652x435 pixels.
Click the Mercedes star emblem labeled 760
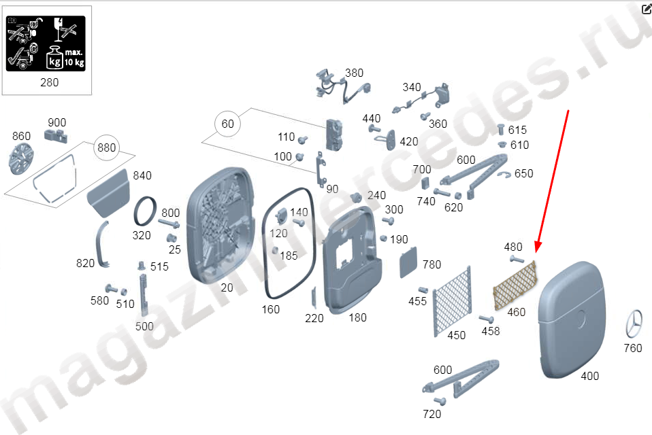click(x=634, y=324)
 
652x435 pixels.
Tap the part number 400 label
click(x=589, y=376)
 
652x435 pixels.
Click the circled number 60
click(x=227, y=124)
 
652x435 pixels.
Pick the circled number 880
click(x=106, y=147)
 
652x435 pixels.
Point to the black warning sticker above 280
click(x=46, y=43)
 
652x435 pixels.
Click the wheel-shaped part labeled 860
click(x=20, y=158)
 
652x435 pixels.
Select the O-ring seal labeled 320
click(x=145, y=211)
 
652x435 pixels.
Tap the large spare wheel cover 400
click(x=572, y=319)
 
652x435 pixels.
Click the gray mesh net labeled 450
click(x=452, y=300)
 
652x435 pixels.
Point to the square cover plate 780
click(x=408, y=262)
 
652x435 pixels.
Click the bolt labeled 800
click(x=169, y=224)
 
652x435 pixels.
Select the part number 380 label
click(x=355, y=73)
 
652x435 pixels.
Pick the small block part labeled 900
click(x=56, y=135)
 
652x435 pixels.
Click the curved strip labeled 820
click(x=101, y=244)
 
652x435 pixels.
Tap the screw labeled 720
click(x=440, y=401)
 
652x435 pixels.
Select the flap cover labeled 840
click(x=108, y=192)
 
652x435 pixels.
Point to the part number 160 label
click(x=271, y=309)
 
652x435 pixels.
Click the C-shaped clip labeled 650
click(x=504, y=175)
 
